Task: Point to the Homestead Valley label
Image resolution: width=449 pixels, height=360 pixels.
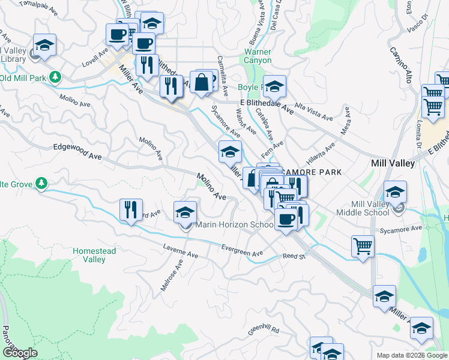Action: (x=89, y=255)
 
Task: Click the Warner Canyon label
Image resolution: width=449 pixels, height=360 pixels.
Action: (x=258, y=56)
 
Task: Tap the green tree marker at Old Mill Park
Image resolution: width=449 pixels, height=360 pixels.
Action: (x=55, y=77)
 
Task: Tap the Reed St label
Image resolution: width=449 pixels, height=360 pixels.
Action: (x=294, y=256)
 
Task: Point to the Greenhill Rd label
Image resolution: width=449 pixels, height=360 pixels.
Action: (x=263, y=331)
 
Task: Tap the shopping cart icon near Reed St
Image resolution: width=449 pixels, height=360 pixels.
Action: (x=363, y=246)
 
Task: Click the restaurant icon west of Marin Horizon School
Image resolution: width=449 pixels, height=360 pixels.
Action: (x=130, y=210)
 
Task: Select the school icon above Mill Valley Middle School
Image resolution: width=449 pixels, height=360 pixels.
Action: (x=395, y=193)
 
